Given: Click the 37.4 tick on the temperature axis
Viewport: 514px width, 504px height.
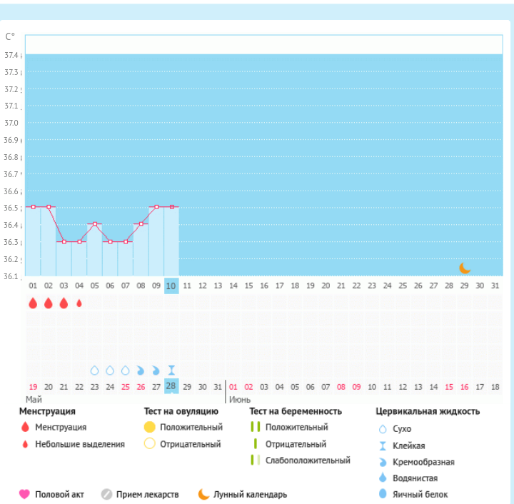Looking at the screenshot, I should [11, 55].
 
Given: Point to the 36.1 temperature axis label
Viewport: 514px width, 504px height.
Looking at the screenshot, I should [11, 276].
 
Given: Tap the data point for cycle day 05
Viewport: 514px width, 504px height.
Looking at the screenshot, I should [95, 224].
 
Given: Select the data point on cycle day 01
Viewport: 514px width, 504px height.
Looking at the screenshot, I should [33, 207].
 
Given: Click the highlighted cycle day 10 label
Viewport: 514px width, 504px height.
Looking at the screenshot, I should [171, 286].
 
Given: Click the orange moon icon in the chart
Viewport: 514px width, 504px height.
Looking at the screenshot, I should [465, 268].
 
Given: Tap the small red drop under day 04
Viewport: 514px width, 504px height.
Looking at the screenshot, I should [79, 303].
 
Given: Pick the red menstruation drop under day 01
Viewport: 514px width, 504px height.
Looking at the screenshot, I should [33, 303].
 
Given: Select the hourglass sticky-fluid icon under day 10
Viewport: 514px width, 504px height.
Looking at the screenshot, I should [171, 370].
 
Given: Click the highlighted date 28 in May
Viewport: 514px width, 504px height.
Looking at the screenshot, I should [171, 386].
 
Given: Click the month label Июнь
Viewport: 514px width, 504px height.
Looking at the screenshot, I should [240, 400].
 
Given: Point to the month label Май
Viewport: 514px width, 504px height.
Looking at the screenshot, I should [34, 400].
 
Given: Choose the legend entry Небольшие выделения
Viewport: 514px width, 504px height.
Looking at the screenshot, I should [80, 444].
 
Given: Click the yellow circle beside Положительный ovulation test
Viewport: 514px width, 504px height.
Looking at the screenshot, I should [149, 427].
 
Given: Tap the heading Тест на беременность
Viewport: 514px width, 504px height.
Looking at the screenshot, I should [296, 411].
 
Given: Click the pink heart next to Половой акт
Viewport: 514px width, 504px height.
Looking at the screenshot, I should [24, 494].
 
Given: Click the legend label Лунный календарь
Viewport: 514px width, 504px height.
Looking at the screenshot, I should [251, 494].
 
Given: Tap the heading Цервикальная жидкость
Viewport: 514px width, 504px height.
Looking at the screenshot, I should [428, 411].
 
